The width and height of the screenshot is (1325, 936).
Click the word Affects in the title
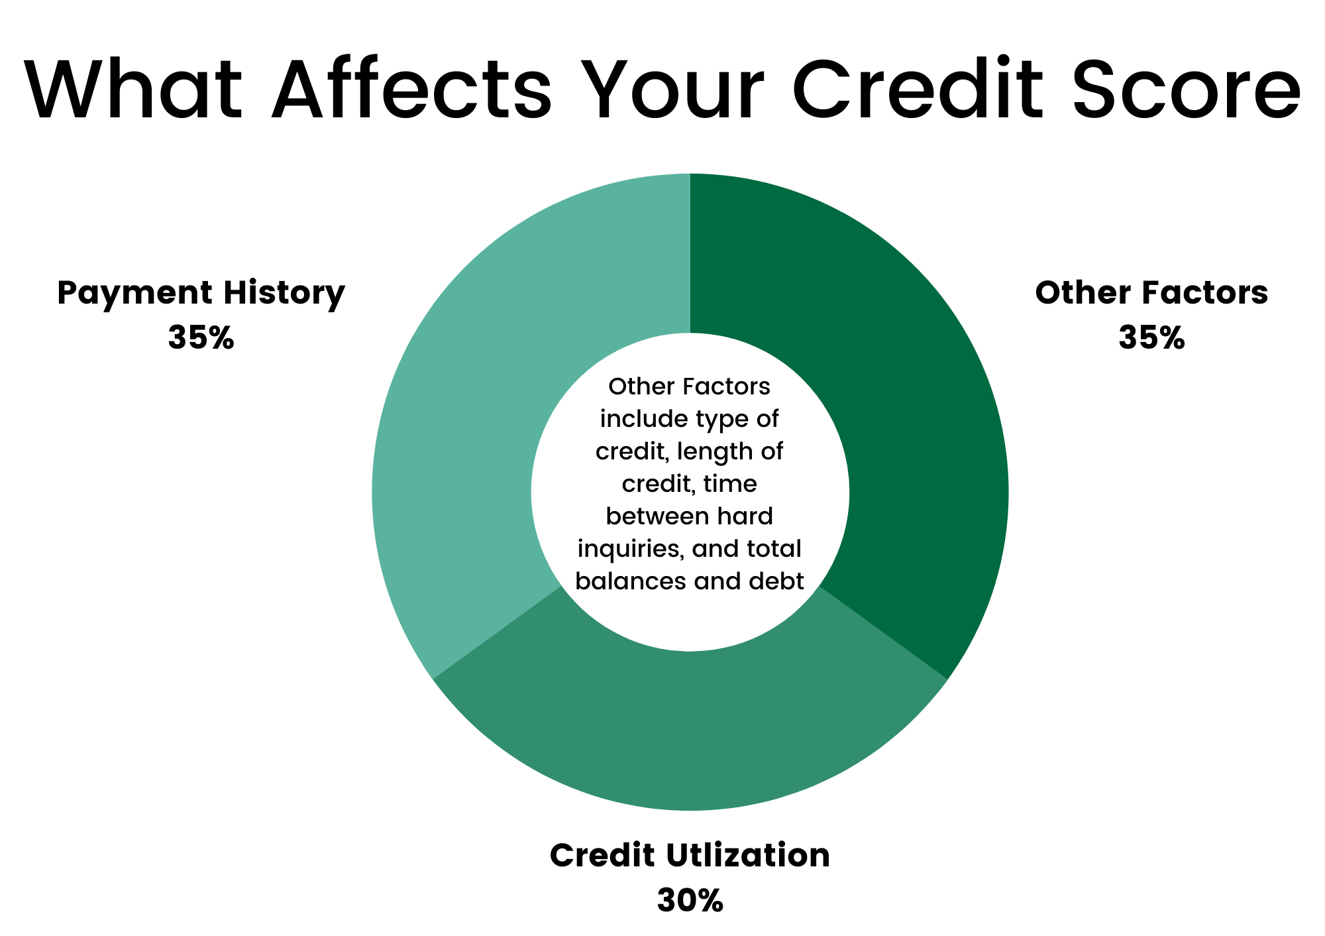point(411,89)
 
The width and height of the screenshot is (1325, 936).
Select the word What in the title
point(133,89)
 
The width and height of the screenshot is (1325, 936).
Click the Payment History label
point(201,294)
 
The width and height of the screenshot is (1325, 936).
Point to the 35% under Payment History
point(201,338)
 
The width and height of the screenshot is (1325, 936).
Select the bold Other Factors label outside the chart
point(1151,293)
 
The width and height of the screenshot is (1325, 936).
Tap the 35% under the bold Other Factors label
point(1151,338)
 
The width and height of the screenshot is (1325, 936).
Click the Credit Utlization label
point(690,855)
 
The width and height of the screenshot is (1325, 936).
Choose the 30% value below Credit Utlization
point(690,901)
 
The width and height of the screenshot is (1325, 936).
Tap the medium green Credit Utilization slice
point(690,729)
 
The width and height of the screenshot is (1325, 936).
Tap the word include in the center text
point(641,419)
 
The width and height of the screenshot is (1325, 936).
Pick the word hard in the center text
point(749,516)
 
